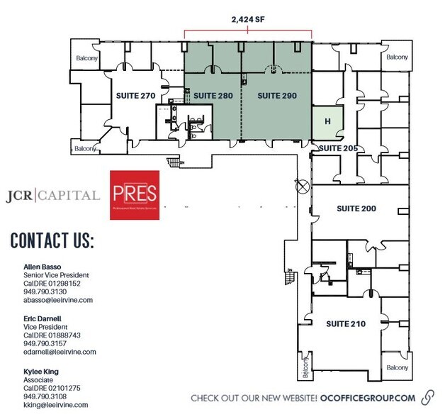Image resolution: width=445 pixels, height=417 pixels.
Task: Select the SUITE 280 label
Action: coord(213,95)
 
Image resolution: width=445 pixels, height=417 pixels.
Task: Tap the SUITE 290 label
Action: coord(276,95)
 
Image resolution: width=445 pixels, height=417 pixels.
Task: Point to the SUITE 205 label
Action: coord(337,148)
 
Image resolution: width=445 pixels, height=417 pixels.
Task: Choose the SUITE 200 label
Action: coord(356,208)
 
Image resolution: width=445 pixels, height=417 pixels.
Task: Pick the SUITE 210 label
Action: coord(346,323)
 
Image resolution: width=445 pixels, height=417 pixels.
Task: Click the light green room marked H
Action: coord(327,121)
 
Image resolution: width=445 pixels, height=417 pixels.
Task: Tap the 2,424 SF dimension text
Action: coord(248,21)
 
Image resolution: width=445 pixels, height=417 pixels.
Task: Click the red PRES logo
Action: coord(135,194)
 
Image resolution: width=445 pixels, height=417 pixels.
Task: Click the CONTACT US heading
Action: coord(52,240)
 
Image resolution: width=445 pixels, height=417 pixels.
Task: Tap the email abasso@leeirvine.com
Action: coord(58,300)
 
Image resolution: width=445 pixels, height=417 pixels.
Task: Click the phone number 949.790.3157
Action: coord(45,343)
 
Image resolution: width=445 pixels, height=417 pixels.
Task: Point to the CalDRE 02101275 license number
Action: coord(52,388)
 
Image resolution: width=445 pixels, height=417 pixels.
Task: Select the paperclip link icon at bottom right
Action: coord(428,397)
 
